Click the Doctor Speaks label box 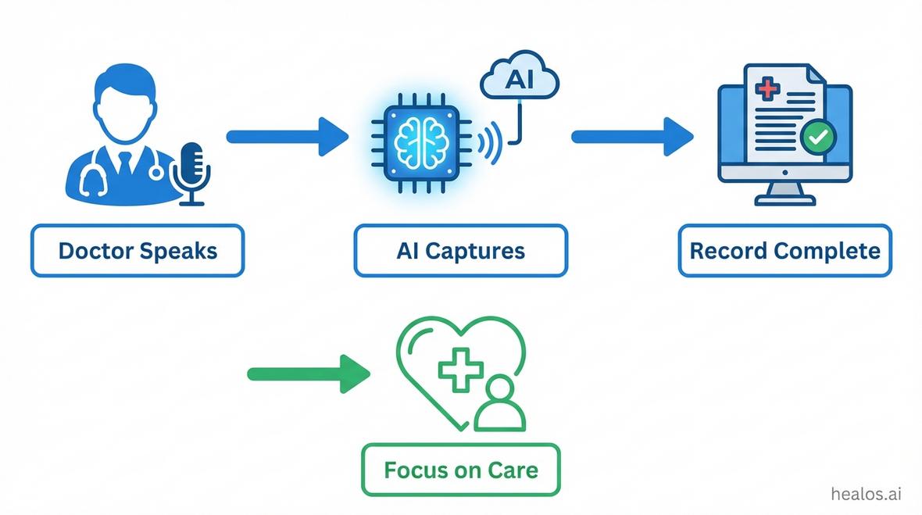click(138, 251)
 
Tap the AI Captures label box click(460, 251)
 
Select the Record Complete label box click(784, 251)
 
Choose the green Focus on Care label click(460, 470)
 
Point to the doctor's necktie click(125, 165)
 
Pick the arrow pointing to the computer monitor click(632, 137)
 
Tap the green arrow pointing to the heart click(308, 374)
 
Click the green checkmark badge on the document click(818, 138)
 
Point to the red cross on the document click(767, 87)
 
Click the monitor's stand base click(784, 200)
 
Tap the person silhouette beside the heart click(500, 404)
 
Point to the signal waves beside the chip click(488, 141)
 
